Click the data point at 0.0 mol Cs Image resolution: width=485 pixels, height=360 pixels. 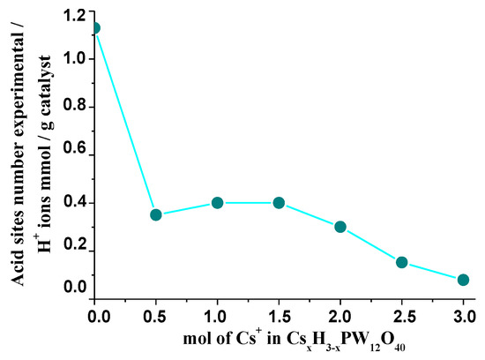94,27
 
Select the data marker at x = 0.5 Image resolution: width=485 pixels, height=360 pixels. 156,214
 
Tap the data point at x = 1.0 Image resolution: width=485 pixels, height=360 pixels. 217,203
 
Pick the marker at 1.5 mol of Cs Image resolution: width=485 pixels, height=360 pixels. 279,203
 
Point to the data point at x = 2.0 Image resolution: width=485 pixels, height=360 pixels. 340,227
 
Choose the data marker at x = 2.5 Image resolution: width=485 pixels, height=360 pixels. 402,262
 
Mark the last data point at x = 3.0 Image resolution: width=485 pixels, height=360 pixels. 463,280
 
